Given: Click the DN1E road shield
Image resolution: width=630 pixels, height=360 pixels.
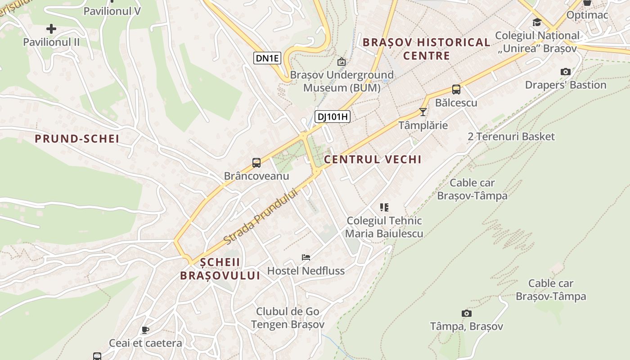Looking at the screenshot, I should click(267, 58).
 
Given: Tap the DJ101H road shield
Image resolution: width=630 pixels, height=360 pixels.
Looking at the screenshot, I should click(332, 117).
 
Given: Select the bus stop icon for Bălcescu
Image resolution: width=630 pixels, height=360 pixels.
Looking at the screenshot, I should click(456, 90).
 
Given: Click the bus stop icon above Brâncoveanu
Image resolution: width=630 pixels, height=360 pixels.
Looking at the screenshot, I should click(256, 163).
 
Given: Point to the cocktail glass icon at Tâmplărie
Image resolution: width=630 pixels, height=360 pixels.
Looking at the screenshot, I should click(423, 112).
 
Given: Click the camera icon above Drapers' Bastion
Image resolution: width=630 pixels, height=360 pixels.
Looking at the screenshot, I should click(565, 72).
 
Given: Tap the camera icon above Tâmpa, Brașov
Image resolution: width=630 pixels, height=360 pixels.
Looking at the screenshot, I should click(467, 313).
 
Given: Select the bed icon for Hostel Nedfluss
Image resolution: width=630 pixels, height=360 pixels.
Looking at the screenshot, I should click(306, 257).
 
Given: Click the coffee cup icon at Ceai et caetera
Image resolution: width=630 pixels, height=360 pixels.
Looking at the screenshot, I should click(145, 330).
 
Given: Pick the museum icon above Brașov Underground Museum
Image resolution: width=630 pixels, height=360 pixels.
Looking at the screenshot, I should click(342, 62).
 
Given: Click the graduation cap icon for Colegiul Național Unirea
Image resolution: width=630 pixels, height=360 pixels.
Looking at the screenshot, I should click(537, 22).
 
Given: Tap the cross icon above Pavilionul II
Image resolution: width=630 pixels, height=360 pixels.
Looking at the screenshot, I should click(51, 29).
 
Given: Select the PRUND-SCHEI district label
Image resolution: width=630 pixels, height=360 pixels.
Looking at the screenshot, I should click(77, 139).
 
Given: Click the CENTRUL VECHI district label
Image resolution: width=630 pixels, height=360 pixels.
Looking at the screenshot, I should click(373, 159).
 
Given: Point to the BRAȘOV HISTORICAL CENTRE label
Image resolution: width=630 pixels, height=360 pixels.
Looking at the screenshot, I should click(426, 49).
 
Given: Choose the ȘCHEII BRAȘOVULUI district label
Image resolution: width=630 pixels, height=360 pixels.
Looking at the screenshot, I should click(220, 269).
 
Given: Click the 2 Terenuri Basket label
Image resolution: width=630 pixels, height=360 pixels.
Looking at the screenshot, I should click(511, 136).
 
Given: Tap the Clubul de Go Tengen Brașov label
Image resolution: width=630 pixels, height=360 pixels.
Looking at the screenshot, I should click(288, 318).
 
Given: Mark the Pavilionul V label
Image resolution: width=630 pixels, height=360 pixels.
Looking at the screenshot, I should click(112, 11).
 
